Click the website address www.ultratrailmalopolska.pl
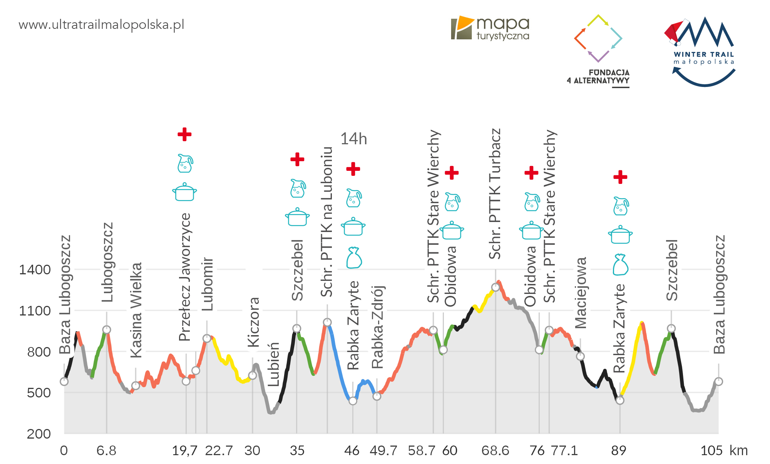101,25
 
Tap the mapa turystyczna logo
490,28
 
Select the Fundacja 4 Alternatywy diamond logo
598,38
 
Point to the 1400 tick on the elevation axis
35,270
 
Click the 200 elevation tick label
38,434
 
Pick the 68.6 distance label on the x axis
495,451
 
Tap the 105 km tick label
711,451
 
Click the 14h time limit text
353,139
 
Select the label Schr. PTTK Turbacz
495,194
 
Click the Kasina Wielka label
136,310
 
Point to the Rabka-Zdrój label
378,327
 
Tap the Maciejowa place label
581,293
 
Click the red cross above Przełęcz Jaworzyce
184,134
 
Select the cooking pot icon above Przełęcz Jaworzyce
185,192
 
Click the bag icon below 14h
354,258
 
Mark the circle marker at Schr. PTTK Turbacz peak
495,287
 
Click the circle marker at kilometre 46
353,401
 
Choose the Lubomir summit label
208,284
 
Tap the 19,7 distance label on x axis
184,451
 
